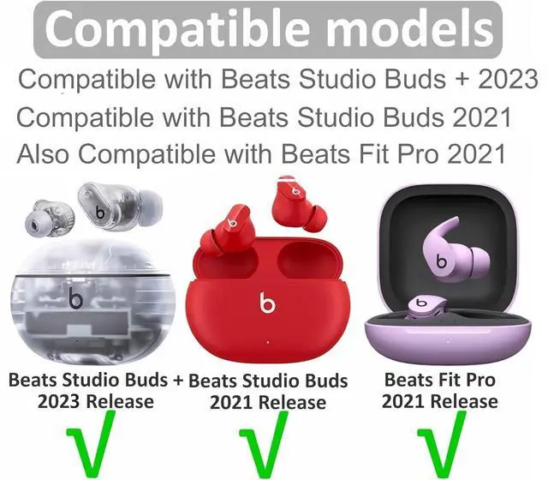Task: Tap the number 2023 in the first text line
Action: click(x=508, y=80)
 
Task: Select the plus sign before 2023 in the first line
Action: click(x=462, y=80)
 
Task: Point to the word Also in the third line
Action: click(x=43, y=153)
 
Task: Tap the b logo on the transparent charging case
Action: click(x=75, y=298)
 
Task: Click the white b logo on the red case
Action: click(x=267, y=303)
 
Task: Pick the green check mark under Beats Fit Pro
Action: click(x=443, y=445)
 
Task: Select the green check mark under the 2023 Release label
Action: click(x=92, y=444)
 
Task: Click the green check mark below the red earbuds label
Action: click(x=265, y=445)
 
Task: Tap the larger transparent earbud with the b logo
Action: click(x=119, y=207)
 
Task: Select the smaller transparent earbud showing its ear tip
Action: click(x=50, y=219)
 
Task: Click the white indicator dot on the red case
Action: click(x=268, y=342)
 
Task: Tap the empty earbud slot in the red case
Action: click(x=309, y=261)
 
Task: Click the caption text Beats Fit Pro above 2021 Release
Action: click(x=439, y=380)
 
